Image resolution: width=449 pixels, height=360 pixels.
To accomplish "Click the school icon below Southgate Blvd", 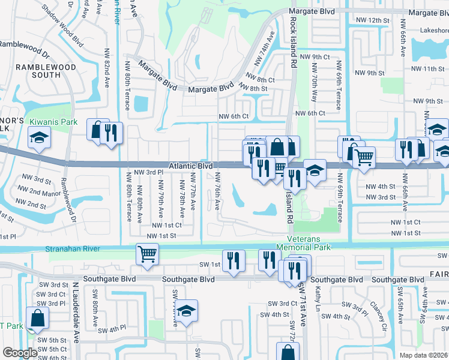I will click(187, 311).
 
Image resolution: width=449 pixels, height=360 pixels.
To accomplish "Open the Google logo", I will click(20, 353).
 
